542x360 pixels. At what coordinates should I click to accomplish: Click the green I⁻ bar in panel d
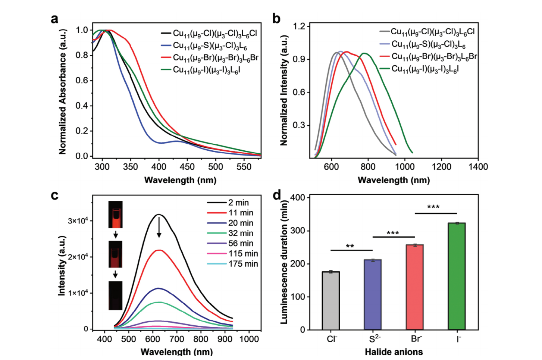(x=457, y=276)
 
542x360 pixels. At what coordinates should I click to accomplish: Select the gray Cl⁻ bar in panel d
(x=331, y=301)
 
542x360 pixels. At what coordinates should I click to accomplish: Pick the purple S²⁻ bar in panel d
(x=373, y=295)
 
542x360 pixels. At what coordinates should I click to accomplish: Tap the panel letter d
(x=277, y=195)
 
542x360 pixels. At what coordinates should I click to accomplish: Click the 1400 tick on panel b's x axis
(x=478, y=167)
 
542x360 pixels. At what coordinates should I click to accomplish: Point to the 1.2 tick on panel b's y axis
(x=299, y=26)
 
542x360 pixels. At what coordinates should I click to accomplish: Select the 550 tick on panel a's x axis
(x=244, y=167)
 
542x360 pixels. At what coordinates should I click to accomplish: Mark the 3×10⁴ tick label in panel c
(x=78, y=221)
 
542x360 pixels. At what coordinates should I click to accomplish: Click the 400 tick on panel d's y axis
(x=297, y=198)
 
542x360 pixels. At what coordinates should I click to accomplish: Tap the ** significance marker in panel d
(x=350, y=246)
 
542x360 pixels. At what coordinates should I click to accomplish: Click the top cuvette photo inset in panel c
(x=115, y=215)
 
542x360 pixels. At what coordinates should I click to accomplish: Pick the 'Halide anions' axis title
(x=394, y=351)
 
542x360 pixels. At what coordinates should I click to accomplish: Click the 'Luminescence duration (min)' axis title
(x=284, y=262)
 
